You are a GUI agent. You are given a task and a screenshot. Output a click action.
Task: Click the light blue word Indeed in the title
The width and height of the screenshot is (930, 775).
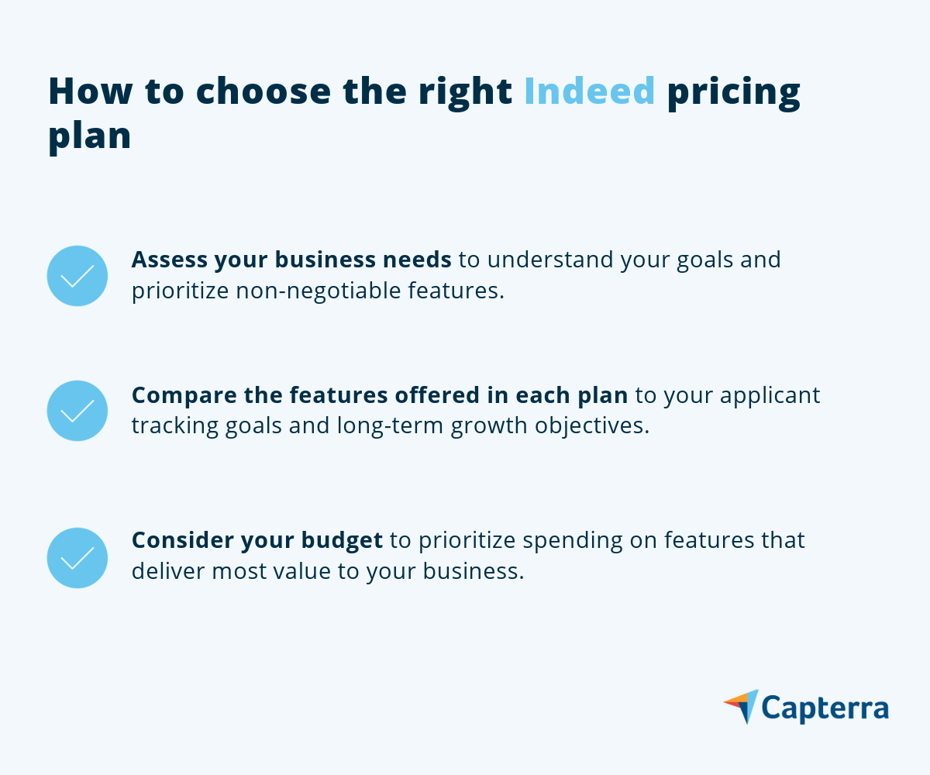[589, 91]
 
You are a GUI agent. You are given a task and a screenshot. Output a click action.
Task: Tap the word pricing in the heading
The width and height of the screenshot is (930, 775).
[734, 95]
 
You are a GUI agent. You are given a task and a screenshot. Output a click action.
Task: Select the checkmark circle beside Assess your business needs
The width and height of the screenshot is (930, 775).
[77, 276]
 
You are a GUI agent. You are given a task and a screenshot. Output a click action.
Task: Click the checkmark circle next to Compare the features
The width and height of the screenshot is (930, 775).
[77, 411]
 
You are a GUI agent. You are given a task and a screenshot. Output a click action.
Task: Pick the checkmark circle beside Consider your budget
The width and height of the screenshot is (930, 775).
[77, 558]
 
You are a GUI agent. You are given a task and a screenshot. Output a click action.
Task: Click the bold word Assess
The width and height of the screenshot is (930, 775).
[170, 260]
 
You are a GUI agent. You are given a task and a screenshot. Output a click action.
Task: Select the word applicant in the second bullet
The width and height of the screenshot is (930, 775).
[770, 396]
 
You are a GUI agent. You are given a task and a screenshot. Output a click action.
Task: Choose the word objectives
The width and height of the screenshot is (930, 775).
[592, 426]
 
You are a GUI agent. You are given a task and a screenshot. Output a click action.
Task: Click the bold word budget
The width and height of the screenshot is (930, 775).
[342, 541]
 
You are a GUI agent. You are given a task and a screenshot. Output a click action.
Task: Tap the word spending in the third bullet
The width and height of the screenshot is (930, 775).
[573, 541]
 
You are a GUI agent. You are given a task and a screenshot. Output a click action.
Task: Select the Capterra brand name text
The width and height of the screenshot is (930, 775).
[825, 708]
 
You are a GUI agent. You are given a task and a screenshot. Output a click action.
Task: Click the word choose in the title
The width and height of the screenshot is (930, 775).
[263, 91]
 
